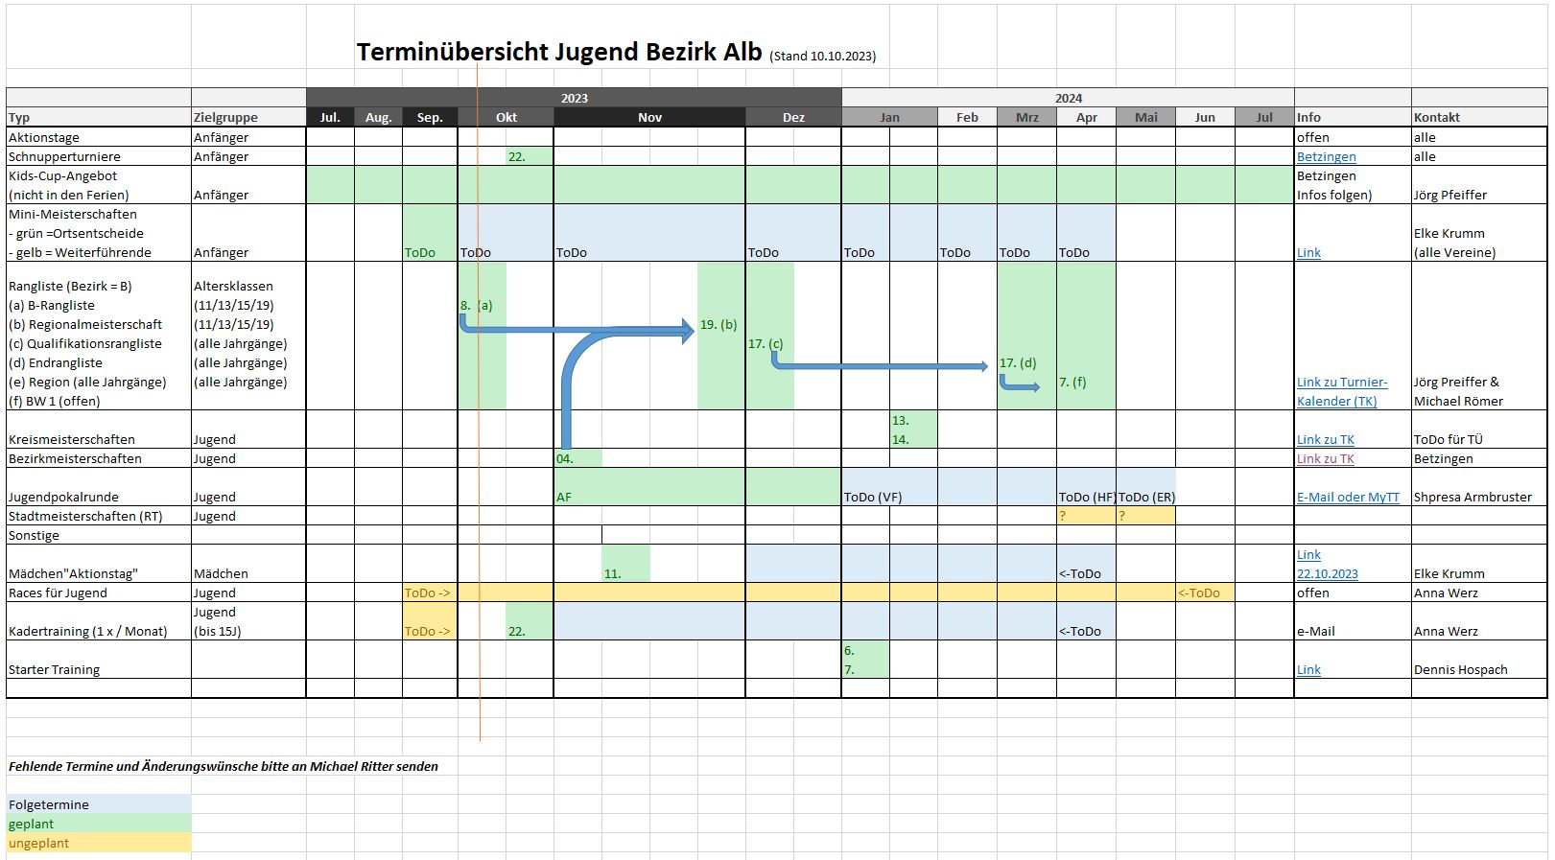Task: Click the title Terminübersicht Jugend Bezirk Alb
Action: tap(559, 52)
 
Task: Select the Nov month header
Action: tap(649, 117)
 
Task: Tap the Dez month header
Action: tap(793, 117)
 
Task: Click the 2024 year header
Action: tap(1068, 98)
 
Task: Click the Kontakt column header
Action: tap(1436, 117)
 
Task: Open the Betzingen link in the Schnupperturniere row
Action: tap(1326, 156)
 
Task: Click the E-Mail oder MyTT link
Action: tap(1348, 497)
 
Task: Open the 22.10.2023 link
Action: tap(1327, 573)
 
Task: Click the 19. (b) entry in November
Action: tap(719, 324)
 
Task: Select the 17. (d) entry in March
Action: tap(1018, 362)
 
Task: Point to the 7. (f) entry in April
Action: tap(1072, 382)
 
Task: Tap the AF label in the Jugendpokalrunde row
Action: tap(564, 497)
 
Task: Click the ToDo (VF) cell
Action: tap(873, 497)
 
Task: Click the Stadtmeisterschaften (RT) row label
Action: tap(85, 516)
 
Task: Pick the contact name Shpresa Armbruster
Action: tap(1473, 497)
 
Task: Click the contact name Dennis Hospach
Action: tap(1460, 669)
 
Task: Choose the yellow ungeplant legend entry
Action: tap(38, 843)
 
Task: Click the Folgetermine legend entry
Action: tap(49, 804)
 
